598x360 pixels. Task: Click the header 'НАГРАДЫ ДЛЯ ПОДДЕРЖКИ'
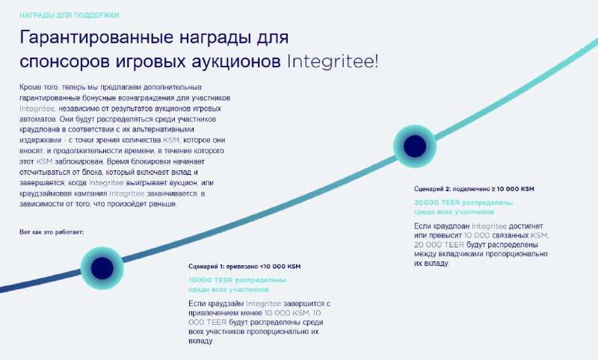click(x=69, y=15)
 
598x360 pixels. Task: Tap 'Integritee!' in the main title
click(x=333, y=62)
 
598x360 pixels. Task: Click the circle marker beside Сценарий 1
click(x=102, y=268)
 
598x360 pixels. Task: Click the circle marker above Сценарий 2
click(x=415, y=146)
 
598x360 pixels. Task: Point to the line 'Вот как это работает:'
click(x=52, y=232)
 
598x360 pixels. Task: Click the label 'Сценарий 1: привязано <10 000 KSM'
click(x=244, y=267)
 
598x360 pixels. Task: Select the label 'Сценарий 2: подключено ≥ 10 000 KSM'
click(x=474, y=189)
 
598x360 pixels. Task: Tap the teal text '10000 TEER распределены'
click(x=237, y=280)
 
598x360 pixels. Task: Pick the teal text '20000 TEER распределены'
click(x=463, y=202)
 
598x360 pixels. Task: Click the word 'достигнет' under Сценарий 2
click(x=525, y=226)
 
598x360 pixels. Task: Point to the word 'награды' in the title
click(x=215, y=38)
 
